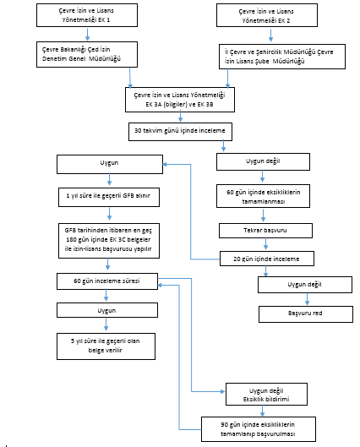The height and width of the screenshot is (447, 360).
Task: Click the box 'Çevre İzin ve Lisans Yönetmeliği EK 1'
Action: tap(87, 15)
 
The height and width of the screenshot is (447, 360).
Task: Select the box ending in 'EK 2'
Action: tap(267, 15)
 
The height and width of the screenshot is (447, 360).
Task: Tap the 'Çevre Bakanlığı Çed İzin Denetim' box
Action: tap(87, 54)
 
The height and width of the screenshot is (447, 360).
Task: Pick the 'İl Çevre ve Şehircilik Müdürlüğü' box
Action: tap(282, 57)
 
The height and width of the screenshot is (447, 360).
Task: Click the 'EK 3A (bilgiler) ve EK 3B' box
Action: tap(180, 100)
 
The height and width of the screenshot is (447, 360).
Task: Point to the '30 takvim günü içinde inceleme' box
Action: tap(180, 132)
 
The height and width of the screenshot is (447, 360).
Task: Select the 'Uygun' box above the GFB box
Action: tap(110, 164)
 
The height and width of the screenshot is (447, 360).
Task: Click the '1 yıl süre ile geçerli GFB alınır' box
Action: tap(109, 197)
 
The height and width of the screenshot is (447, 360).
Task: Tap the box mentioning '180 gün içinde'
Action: tap(109, 241)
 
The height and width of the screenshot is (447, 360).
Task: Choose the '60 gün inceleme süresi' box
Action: tap(107, 281)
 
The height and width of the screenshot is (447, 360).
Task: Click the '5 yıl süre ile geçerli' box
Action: tap(106, 346)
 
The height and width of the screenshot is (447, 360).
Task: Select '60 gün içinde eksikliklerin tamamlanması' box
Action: tap(263, 196)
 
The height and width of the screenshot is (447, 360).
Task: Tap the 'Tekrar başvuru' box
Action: tap(265, 231)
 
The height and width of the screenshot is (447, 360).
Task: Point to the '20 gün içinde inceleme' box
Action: tap(267, 259)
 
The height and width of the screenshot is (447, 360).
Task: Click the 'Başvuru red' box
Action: tap(306, 314)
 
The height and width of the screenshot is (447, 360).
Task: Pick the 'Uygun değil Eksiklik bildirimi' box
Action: tap(266, 395)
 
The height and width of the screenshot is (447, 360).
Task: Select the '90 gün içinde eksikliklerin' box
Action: tap(259, 429)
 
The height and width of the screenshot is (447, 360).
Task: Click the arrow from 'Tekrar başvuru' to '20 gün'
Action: tap(265, 244)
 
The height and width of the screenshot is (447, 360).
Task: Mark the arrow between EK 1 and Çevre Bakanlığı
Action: tap(88, 34)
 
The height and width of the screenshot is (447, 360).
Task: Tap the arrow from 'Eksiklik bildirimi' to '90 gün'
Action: tap(262, 411)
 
